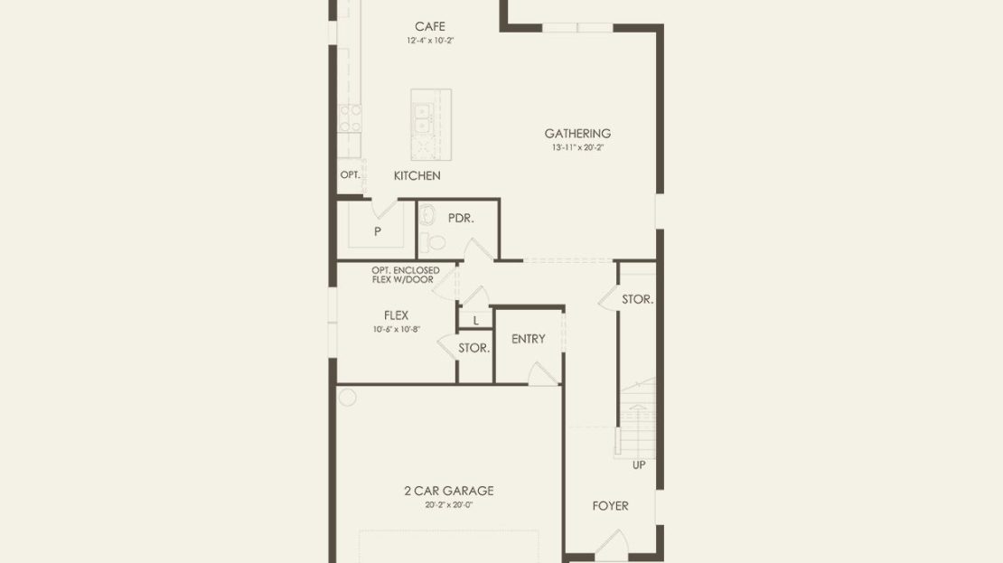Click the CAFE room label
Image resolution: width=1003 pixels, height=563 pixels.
[430, 26]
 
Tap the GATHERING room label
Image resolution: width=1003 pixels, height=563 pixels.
[577, 133]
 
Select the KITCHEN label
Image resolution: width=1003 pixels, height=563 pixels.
[417, 175]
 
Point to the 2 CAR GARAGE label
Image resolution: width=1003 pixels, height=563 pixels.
[449, 491]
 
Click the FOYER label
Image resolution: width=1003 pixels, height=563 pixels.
[610, 506]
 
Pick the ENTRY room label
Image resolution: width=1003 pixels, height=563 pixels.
[529, 339]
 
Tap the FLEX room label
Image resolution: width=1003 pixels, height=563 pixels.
[396, 315]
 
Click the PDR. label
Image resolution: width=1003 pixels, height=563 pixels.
[461, 218]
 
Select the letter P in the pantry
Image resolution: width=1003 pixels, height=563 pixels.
[378, 231]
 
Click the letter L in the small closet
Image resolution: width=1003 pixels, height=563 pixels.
[476, 321]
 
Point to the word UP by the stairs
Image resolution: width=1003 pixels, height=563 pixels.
[639, 465]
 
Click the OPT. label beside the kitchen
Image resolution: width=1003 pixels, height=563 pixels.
[350, 174]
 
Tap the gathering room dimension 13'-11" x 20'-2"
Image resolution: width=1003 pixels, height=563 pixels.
[577, 147]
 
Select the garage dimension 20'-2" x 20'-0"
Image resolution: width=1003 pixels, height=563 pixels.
[449, 505]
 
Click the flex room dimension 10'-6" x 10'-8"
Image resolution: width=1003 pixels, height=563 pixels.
[397, 330]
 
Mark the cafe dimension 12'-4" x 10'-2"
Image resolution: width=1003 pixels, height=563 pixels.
[430, 41]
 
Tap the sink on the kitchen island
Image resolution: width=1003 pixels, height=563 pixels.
[422, 119]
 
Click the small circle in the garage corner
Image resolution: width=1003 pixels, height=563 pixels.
[347, 398]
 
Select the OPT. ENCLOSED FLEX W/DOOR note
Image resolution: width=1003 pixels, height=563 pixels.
[406, 275]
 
